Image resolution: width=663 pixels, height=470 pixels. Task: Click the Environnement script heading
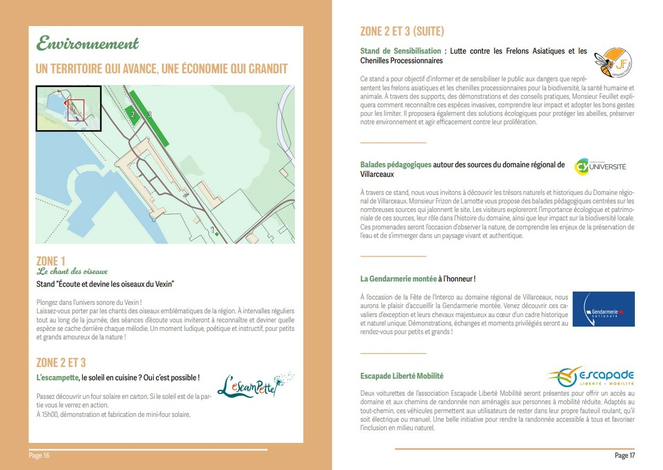(x=87, y=44)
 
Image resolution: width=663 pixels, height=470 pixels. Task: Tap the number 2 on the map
(x=133, y=114)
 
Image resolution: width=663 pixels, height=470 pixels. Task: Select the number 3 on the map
(x=149, y=114)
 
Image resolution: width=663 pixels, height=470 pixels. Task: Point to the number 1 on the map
(x=212, y=229)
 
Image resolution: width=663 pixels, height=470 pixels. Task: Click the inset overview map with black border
(x=69, y=108)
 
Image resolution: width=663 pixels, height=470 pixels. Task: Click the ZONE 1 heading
(x=51, y=261)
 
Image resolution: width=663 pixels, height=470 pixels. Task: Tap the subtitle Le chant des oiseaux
(x=72, y=272)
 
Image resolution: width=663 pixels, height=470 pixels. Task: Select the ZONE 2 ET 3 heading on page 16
(x=61, y=363)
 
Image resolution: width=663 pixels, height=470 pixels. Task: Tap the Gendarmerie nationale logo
(x=603, y=309)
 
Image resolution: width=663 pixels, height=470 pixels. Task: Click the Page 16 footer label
(x=39, y=456)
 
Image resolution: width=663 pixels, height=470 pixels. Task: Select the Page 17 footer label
(x=625, y=456)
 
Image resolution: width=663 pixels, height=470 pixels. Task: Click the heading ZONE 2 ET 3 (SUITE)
(x=402, y=31)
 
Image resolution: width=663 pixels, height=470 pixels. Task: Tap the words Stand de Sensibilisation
(x=401, y=51)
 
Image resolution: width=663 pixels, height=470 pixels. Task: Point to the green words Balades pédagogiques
(x=396, y=165)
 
